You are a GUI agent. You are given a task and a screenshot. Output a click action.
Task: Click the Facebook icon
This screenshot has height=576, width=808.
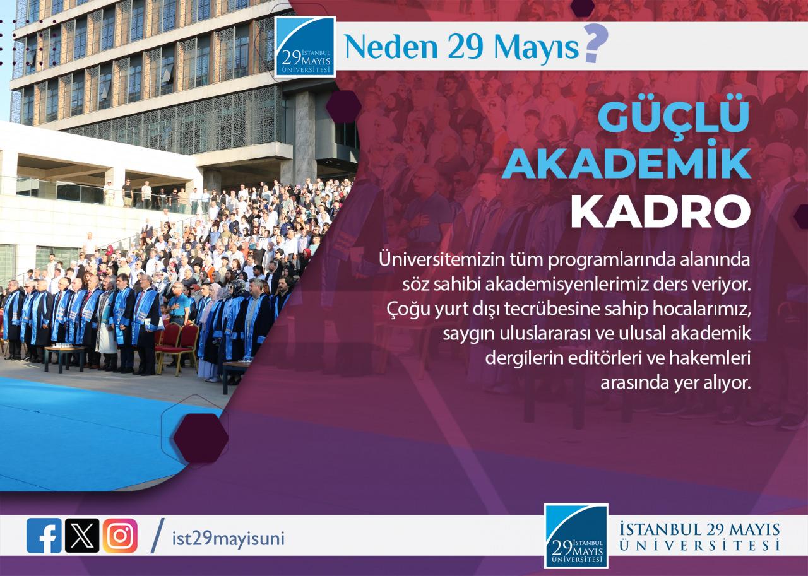click(x=44, y=536)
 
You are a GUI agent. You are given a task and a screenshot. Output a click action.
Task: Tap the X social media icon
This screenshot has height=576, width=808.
click(x=82, y=536)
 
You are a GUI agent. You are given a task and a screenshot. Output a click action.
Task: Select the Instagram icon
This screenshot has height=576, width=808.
click(x=120, y=536)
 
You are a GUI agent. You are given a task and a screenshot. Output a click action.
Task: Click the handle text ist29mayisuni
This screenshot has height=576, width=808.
click(x=229, y=539)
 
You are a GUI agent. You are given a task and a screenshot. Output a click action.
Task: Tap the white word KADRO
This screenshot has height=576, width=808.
click(x=660, y=213)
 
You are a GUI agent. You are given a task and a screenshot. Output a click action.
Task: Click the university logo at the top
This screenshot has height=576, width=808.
click(x=305, y=47)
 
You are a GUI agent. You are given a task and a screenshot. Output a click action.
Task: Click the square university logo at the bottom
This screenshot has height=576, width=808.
click(x=576, y=536)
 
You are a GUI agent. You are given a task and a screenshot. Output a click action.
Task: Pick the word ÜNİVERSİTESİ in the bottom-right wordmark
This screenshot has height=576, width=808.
click(x=700, y=545)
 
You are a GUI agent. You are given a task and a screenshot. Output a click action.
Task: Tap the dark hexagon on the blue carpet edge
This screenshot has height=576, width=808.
click(x=201, y=438)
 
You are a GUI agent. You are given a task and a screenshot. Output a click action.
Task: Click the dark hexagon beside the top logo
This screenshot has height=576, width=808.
click(x=344, y=107)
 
